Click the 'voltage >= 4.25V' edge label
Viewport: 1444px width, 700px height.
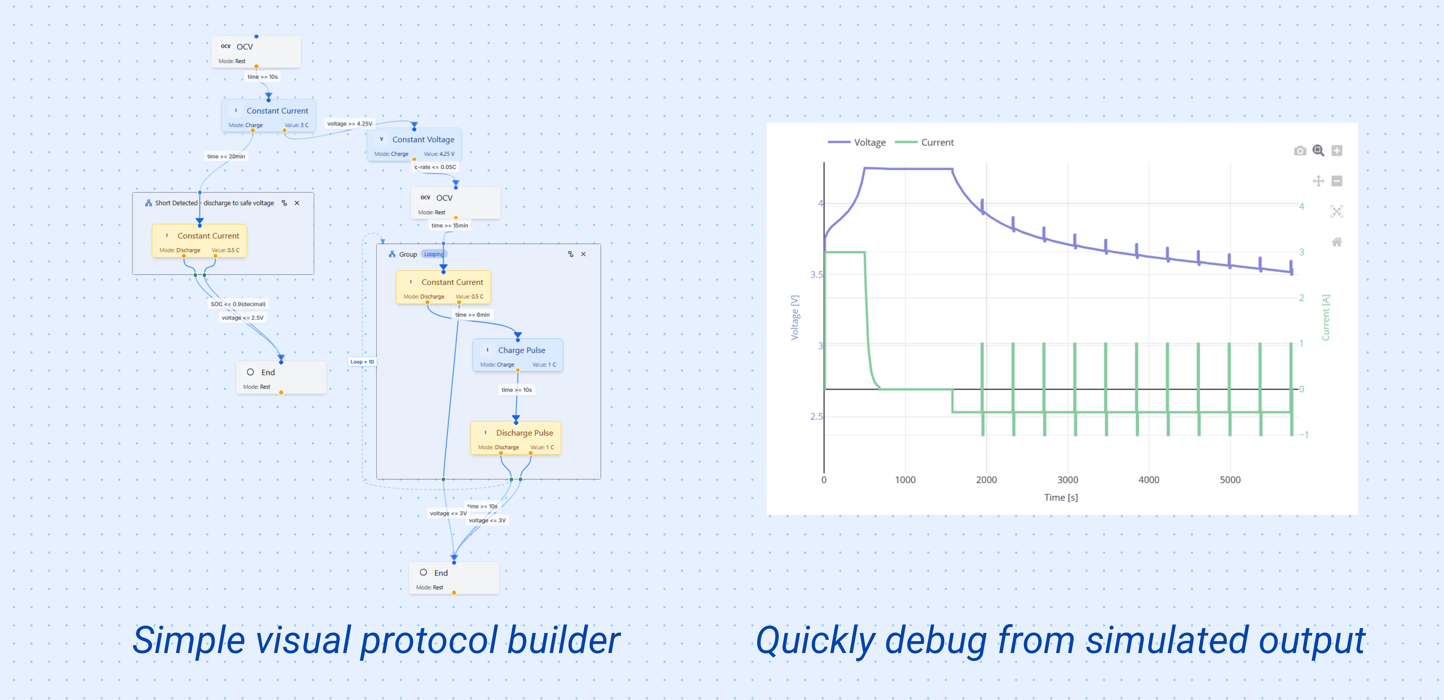pos(349,124)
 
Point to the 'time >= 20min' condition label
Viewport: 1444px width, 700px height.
pos(226,156)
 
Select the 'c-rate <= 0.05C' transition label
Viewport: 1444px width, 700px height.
pos(435,167)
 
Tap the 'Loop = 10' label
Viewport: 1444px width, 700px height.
pos(362,361)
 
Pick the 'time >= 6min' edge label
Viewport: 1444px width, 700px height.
pos(472,314)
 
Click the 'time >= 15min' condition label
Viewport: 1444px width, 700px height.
pos(450,225)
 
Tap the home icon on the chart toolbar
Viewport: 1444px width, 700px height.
pos(1336,242)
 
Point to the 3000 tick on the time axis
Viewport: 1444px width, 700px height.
pos(1067,480)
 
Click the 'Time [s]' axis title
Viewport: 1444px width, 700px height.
pos(1061,497)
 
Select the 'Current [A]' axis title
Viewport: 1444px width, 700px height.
pos(1326,317)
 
